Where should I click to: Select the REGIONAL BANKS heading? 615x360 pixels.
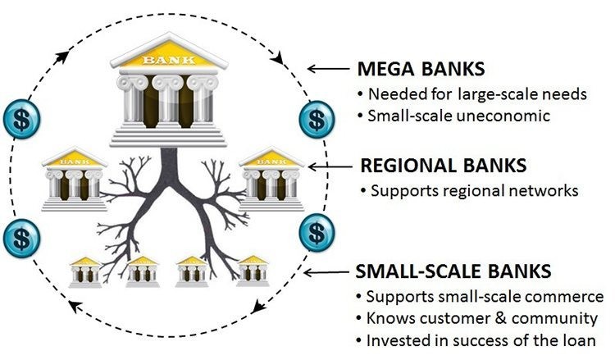coord(444,166)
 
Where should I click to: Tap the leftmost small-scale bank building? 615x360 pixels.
coord(85,271)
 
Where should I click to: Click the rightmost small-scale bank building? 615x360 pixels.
coord(253,271)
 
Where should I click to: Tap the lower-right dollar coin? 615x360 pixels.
coord(316,233)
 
